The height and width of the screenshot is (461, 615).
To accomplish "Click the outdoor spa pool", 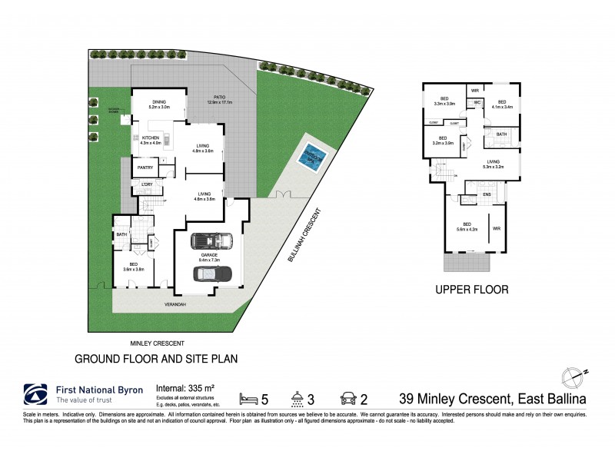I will point(312,152).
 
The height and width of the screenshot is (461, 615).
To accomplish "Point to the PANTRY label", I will point(145,167).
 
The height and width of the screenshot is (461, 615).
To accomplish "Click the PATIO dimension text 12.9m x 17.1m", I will point(219,102).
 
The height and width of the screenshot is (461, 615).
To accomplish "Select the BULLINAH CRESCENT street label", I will point(305,235).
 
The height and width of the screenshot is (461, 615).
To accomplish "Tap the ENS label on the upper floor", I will point(486,194).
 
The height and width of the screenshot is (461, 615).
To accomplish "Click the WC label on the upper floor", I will point(477,102).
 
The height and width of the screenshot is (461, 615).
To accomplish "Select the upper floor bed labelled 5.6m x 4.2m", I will point(467,227).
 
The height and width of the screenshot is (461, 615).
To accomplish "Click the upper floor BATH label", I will point(501,134).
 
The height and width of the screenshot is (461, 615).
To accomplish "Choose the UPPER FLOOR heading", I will point(471,290).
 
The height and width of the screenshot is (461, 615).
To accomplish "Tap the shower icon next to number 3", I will point(297,397).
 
